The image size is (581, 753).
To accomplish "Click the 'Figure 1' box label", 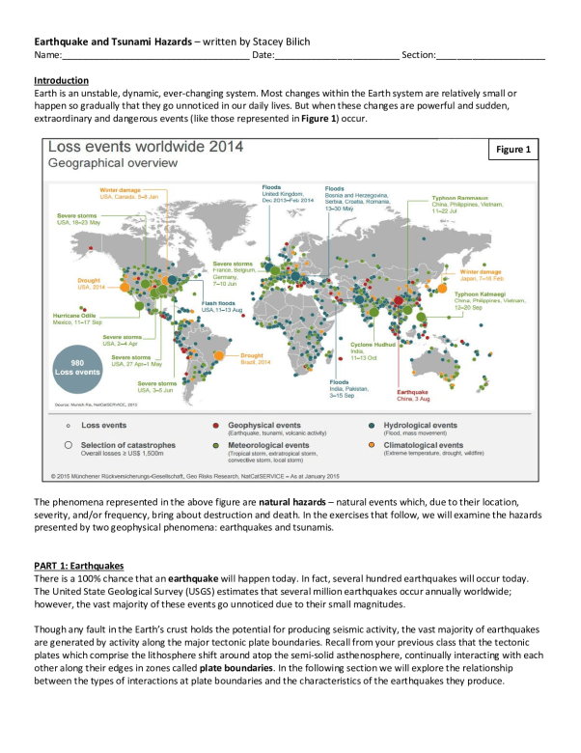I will (512, 150).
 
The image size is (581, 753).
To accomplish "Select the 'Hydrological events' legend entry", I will (424, 425).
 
